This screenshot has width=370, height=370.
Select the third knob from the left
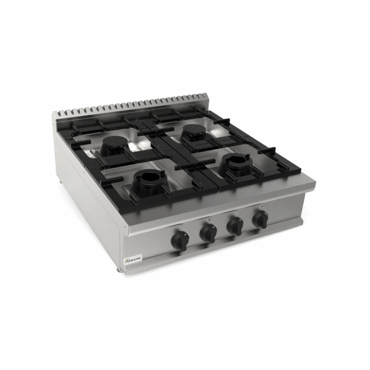point(235,226)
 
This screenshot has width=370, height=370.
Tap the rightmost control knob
point(260,219)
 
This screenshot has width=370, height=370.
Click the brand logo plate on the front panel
point(133,260)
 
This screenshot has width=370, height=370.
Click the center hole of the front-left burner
point(148,176)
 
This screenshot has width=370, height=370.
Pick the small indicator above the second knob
point(209,218)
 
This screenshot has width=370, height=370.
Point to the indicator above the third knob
point(236,212)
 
